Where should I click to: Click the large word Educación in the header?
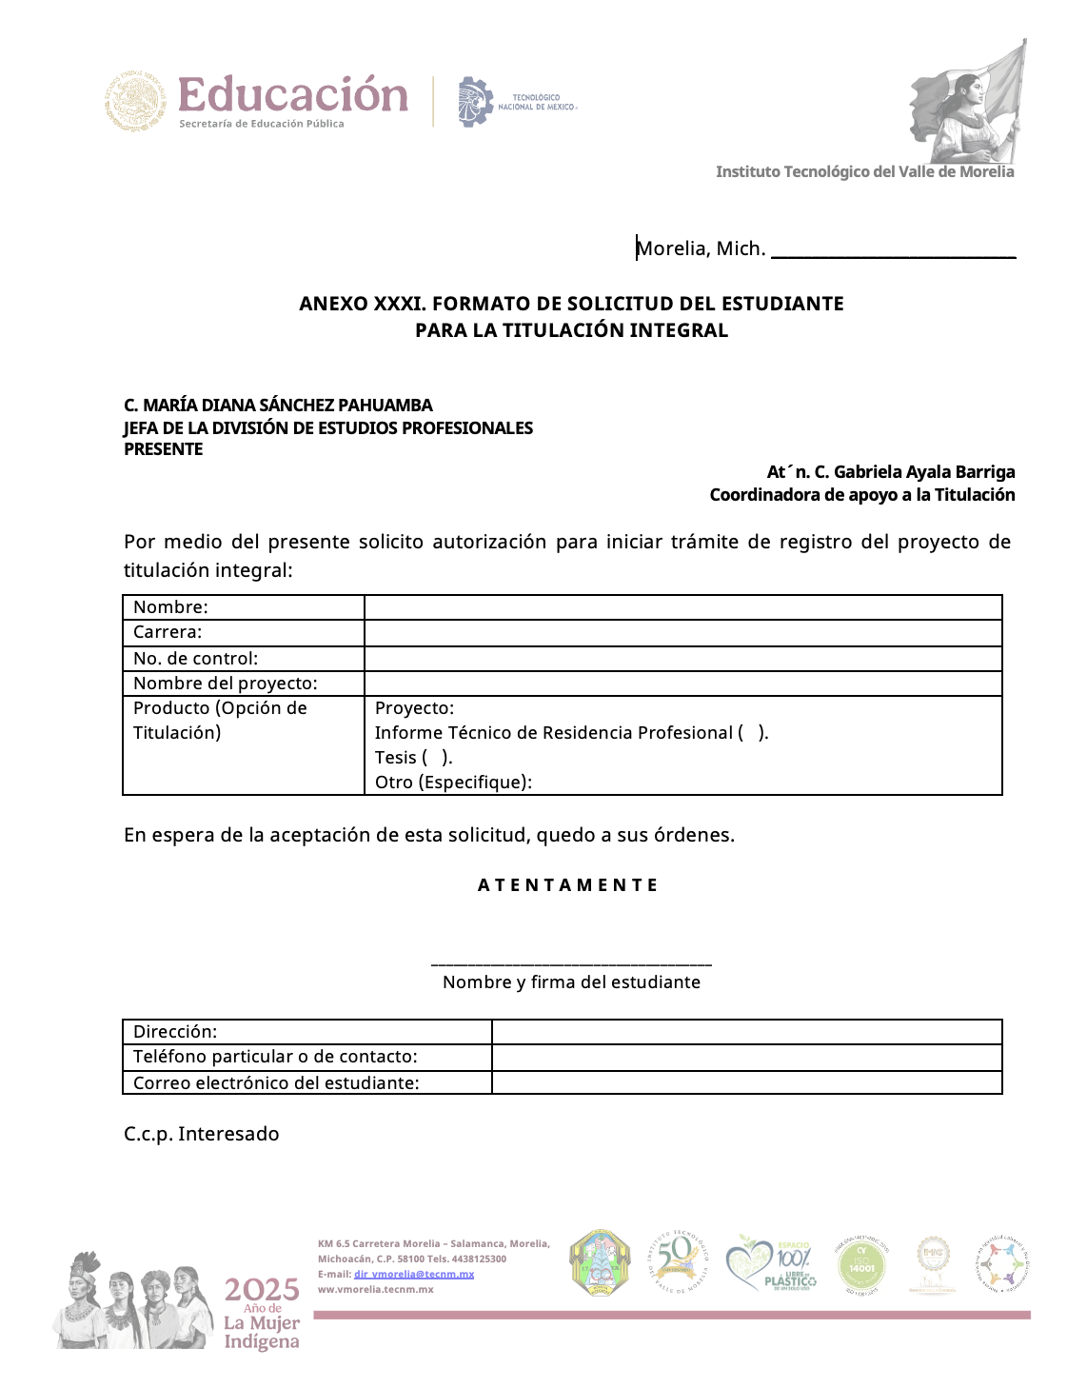pos(292,95)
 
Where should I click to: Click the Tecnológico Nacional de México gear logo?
pos(475,102)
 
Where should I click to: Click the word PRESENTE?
pos(164,449)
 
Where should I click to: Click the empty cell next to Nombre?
pos(682,607)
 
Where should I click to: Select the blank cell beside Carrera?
pos(682,633)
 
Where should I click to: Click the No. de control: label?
pos(195,659)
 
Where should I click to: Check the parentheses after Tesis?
pos(437,758)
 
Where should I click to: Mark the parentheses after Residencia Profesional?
pos(753,733)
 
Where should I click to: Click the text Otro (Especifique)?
pos(453,783)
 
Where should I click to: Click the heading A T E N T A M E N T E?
pos(568,885)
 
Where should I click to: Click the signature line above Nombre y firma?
pos(571,964)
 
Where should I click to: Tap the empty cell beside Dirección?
pos(746,1032)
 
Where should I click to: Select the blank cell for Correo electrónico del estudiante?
pos(746,1083)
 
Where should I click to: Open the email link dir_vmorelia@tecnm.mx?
pos(414,1274)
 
